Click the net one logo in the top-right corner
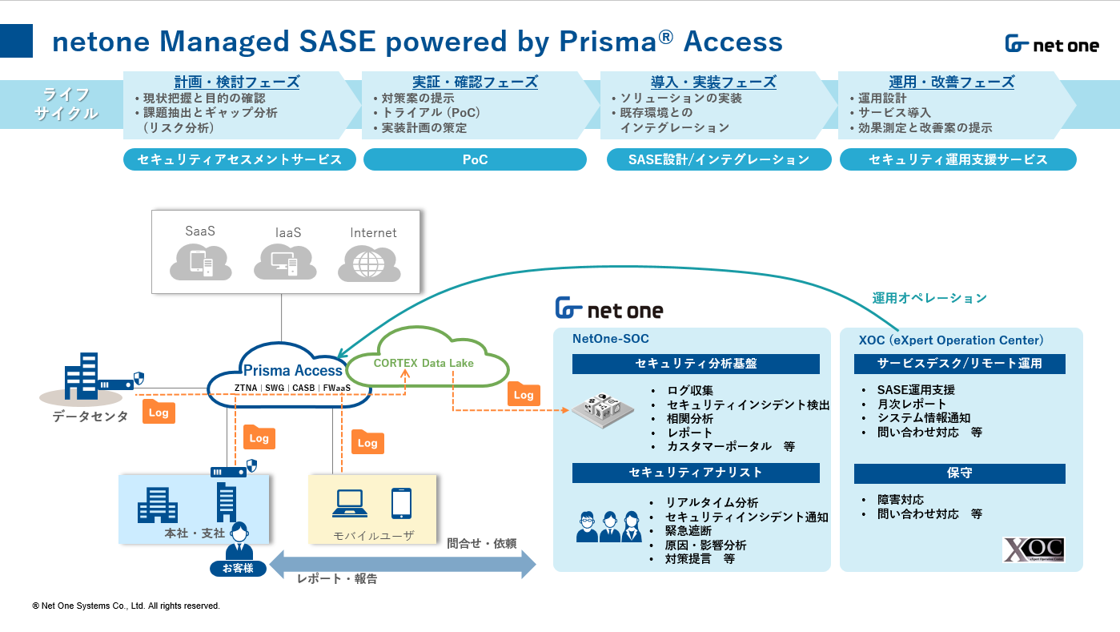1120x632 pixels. [x=1052, y=44]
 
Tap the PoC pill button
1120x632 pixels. [x=475, y=159]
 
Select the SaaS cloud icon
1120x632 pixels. [x=200, y=262]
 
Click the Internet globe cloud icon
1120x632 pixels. [x=369, y=264]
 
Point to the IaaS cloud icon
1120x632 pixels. [x=285, y=261]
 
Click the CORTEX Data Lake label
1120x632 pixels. [x=424, y=364]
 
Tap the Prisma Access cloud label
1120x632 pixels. [x=292, y=370]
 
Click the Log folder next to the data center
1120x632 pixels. [x=159, y=412]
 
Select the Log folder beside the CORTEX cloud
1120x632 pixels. [x=524, y=394]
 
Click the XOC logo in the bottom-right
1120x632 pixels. [x=1034, y=550]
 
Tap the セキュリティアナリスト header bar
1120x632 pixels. [x=696, y=473]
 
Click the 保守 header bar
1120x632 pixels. [x=960, y=473]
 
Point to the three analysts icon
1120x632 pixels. [x=609, y=526]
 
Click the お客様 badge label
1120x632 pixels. [x=238, y=569]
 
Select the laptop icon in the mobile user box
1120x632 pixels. [x=350, y=503]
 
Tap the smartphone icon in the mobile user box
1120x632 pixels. [x=402, y=503]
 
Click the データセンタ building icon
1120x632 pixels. [x=81, y=376]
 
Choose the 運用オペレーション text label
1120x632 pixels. [x=929, y=298]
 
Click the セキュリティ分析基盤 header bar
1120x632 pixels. [x=696, y=364]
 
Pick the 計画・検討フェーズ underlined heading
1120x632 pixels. [x=236, y=82]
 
